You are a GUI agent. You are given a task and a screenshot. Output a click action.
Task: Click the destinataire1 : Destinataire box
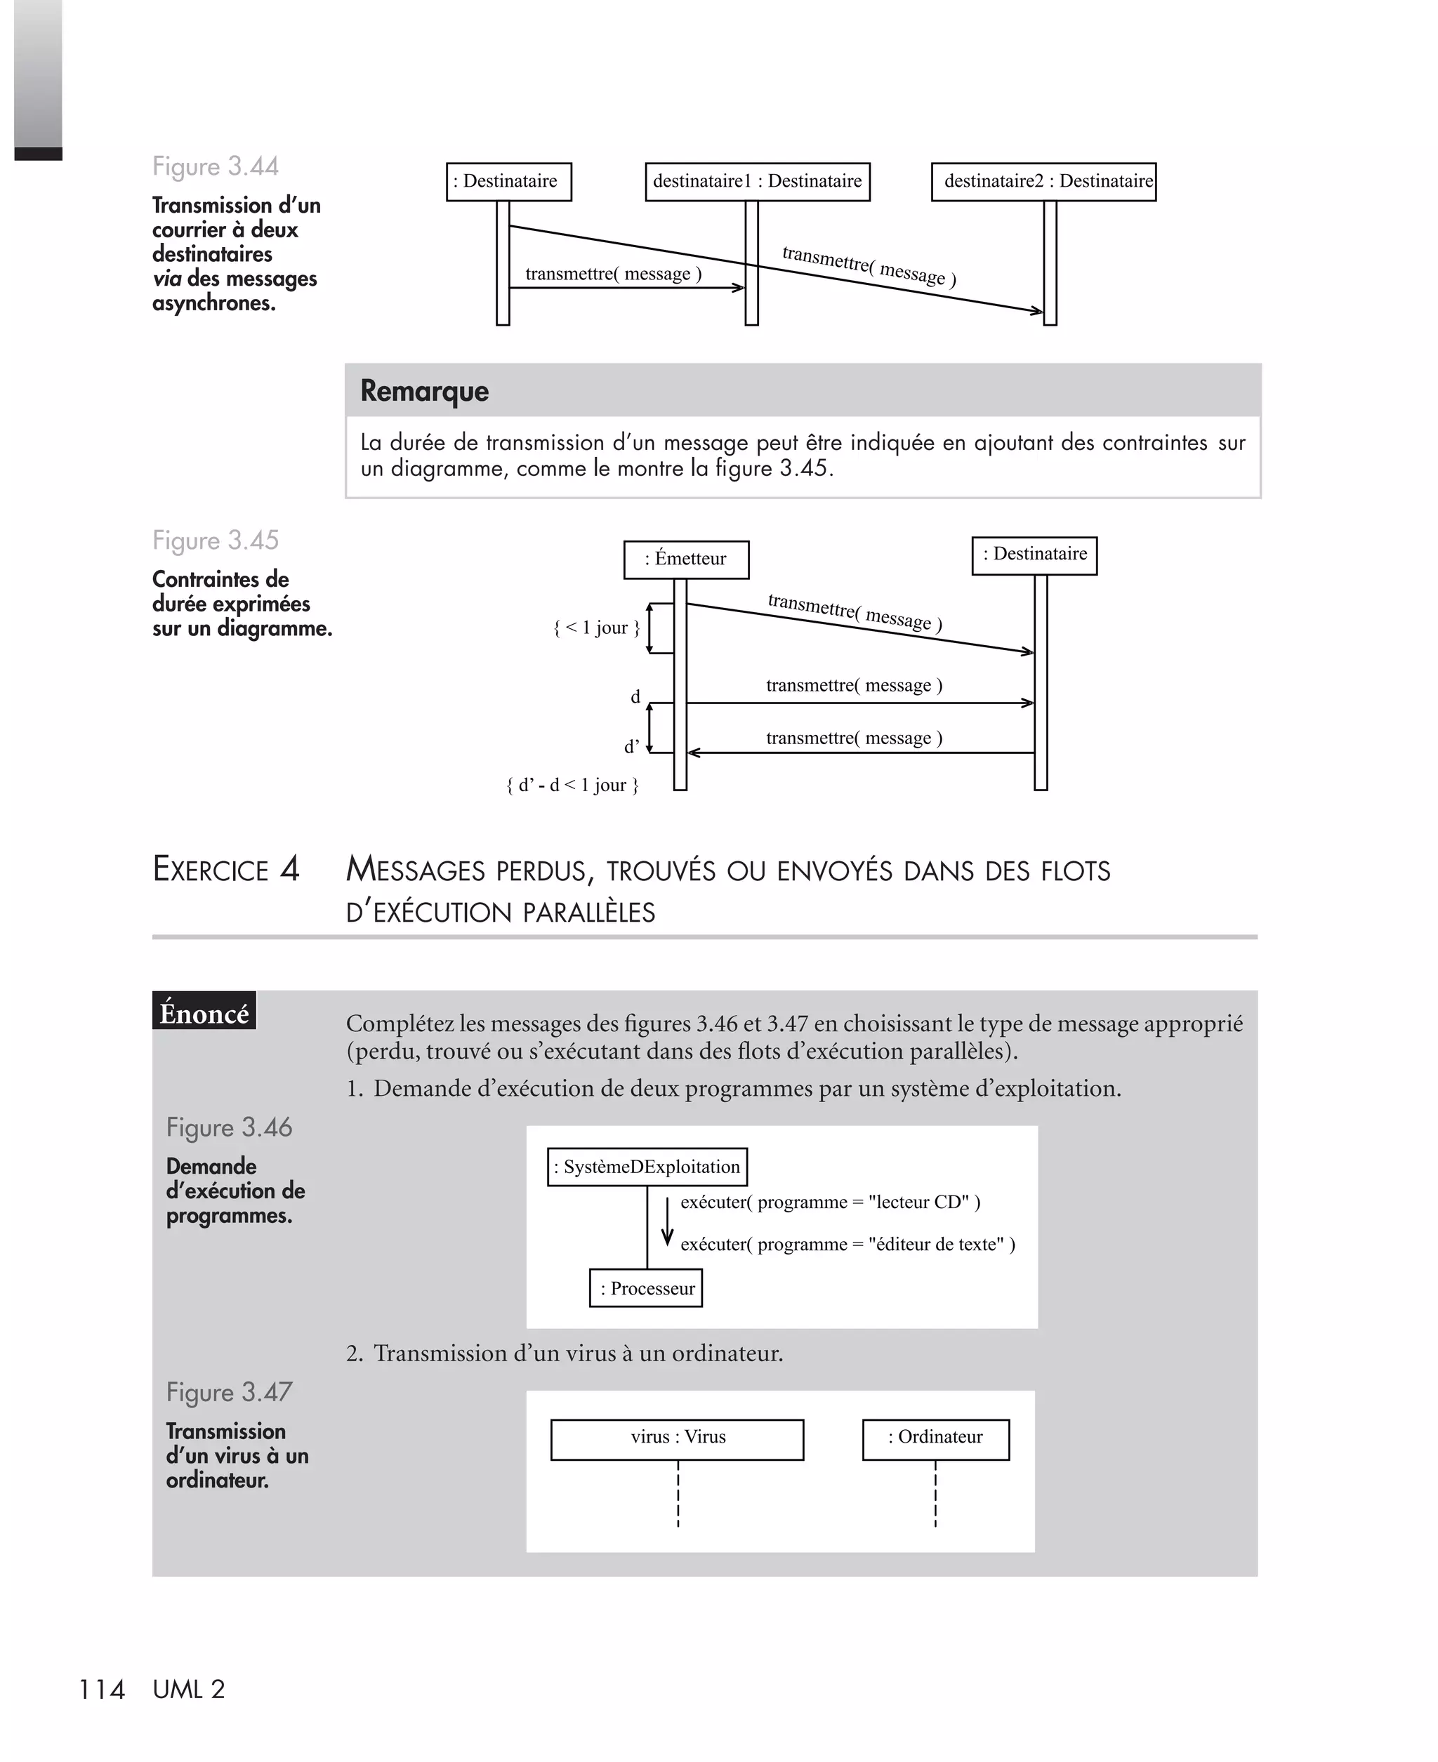coord(757,181)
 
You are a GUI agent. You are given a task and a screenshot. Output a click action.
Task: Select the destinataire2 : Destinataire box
coord(1043,181)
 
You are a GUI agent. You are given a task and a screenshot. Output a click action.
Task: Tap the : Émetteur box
coord(686,559)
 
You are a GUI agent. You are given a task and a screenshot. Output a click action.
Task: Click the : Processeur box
coord(646,1288)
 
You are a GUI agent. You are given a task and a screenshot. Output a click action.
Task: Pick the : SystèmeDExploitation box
coord(647,1167)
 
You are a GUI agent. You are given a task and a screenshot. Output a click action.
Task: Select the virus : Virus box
coord(677,1439)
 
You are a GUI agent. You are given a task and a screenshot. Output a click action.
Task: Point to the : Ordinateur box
coord(935,1439)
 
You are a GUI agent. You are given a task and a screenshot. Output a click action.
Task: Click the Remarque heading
coord(424,391)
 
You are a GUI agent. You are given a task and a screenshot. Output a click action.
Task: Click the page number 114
coord(101,1689)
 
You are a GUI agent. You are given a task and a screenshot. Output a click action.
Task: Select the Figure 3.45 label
coord(216,541)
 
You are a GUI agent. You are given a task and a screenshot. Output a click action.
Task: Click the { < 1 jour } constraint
coord(596,628)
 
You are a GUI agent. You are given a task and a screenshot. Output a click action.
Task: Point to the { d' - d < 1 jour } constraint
coord(572,785)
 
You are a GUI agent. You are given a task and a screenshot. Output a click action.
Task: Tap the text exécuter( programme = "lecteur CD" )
coord(830,1203)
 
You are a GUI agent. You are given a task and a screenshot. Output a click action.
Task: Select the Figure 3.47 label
coord(229,1392)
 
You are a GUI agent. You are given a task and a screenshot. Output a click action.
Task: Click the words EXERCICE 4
coord(225,869)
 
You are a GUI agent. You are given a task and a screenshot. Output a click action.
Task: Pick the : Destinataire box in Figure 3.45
coord(1034,555)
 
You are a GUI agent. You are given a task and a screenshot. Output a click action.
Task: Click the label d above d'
coord(635,696)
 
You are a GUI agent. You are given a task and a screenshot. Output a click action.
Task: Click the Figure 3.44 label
coord(216,166)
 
